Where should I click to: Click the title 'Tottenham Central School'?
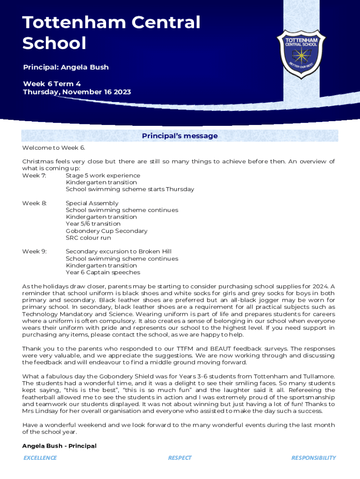(x=111, y=33)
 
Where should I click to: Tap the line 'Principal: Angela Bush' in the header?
(x=66, y=67)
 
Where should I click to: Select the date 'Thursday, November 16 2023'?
(x=77, y=92)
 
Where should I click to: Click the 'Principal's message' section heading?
(x=180, y=136)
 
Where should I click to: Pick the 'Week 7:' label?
(x=34, y=175)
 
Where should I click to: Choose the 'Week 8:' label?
(x=34, y=203)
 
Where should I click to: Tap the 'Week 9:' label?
(x=34, y=252)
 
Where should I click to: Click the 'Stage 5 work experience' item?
(x=103, y=175)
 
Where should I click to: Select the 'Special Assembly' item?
(x=92, y=203)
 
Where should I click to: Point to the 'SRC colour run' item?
(x=88, y=238)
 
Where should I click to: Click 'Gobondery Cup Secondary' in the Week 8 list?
(x=107, y=231)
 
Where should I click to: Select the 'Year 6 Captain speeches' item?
(x=103, y=272)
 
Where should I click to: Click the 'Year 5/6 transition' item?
(x=93, y=224)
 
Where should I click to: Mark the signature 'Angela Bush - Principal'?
(x=59, y=446)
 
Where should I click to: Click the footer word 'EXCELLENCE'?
(x=40, y=458)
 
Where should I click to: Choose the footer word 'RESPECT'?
(x=180, y=458)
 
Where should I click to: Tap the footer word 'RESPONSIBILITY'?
(x=313, y=458)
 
